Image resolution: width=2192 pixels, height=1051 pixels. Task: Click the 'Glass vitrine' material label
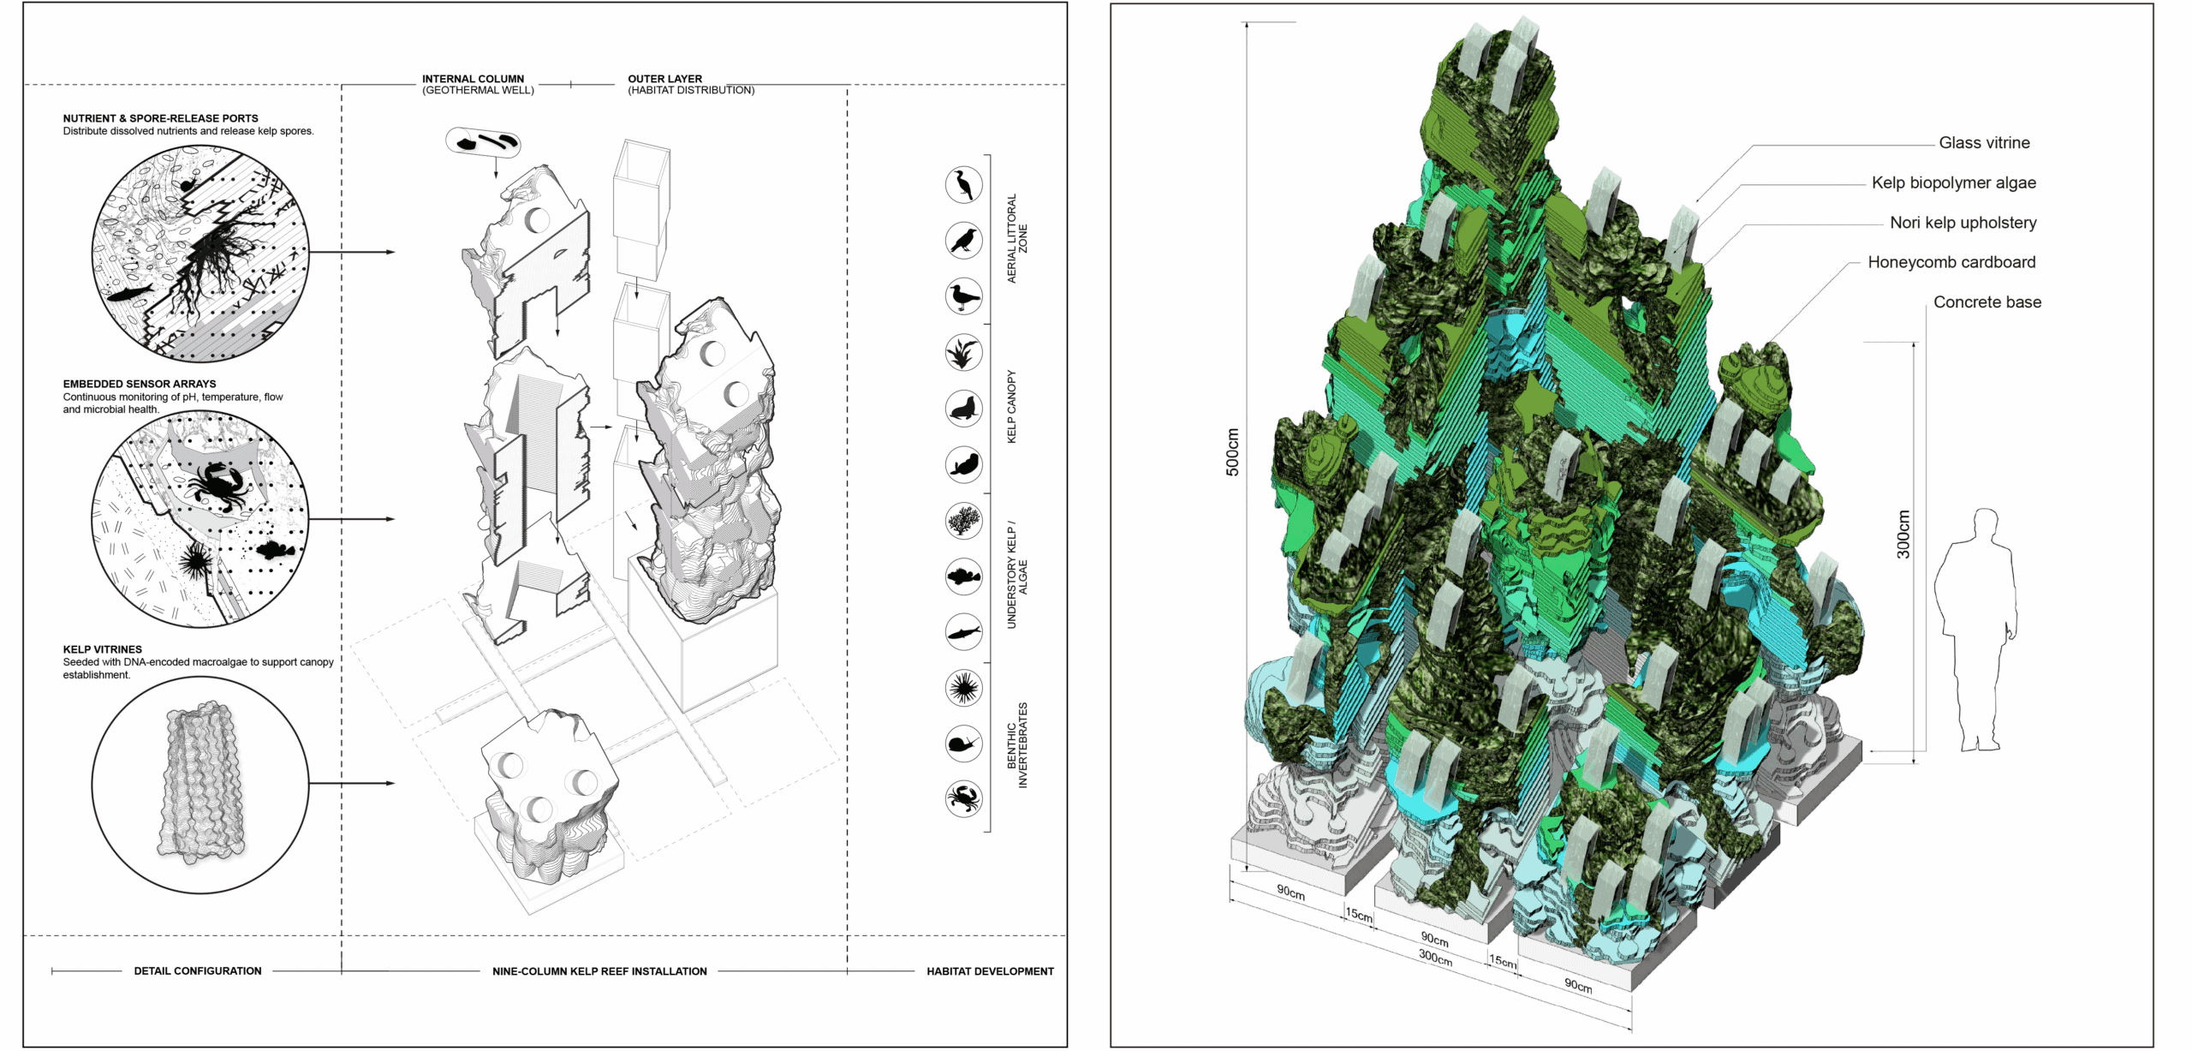pos(1984,143)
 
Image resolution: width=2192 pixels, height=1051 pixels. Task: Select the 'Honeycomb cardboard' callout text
pos(1951,262)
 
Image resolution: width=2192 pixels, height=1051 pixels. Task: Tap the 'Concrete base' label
pos(1987,302)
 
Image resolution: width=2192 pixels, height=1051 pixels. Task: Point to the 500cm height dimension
pos(1232,451)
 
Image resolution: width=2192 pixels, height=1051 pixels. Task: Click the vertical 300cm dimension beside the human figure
pos(1903,534)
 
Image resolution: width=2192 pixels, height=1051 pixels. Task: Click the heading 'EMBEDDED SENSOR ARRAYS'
pos(140,384)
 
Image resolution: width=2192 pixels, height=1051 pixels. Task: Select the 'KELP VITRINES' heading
pos(103,649)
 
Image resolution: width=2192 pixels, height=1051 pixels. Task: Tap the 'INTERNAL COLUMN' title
pos(473,79)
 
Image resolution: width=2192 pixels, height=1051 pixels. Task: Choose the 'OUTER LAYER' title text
pos(664,79)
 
